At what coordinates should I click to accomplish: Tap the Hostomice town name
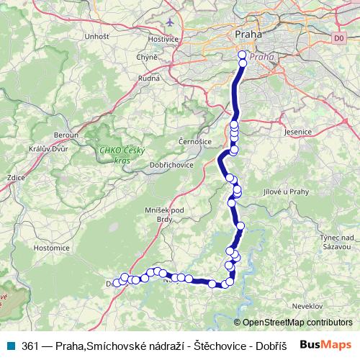click(51, 247)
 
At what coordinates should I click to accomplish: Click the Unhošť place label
click(96, 36)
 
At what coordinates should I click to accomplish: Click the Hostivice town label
click(162, 38)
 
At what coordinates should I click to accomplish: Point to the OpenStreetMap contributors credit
click(297, 323)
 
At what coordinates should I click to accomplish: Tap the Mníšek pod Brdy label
click(165, 214)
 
